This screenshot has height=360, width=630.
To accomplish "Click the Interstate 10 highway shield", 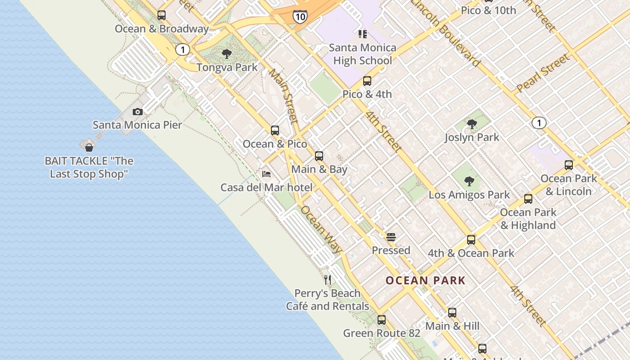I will pyautogui.click(x=300, y=17).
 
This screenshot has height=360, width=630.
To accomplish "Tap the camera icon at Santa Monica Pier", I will pyautogui.click(x=138, y=112).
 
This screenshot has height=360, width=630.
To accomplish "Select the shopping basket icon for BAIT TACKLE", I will pyautogui.click(x=89, y=147).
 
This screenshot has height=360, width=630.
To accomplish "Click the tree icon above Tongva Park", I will pyautogui.click(x=227, y=54).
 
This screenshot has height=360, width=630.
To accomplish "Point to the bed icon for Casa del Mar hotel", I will pyautogui.click(x=266, y=174).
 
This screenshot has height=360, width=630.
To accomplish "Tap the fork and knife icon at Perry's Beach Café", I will pyautogui.click(x=328, y=280).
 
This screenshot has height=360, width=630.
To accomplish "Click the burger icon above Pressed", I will pyautogui.click(x=391, y=237).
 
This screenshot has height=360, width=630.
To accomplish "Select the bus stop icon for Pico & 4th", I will pyautogui.click(x=367, y=81).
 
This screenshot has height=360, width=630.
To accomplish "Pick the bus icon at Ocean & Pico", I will pyautogui.click(x=275, y=130).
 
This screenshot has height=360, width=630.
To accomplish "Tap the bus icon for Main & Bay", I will pyautogui.click(x=319, y=156).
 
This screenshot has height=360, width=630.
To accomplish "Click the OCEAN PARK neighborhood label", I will pyautogui.click(x=425, y=281).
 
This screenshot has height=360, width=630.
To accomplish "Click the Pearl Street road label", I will pyautogui.click(x=543, y=73).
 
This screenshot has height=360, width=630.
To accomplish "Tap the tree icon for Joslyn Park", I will pyautogui.click(x=472, y=124).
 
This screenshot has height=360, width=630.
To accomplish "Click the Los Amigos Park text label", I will pyautogui.click(x=469, y=195).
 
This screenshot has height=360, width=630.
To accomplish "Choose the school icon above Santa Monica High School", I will pyautogui.click(x=363, y=34).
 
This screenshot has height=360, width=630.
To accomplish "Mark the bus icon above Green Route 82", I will pyautogui.click(x=382, y=320).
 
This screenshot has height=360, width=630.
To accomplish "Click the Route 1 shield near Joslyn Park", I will pyautogui.click(x=539, y=122).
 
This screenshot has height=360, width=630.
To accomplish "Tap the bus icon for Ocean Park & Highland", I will pyautogui.click(x=528, y=199).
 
